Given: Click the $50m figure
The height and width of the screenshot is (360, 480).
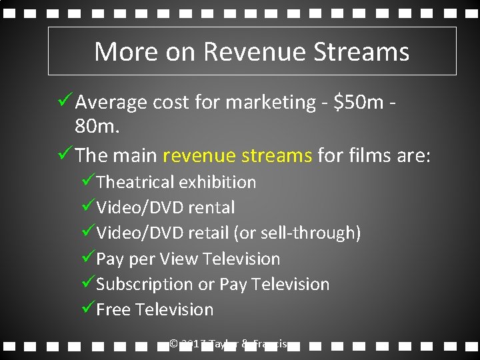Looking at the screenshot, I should pyautogui.click(x=359, y=103).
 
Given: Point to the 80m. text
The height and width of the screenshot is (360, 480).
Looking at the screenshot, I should pyautogui.click(x=97, y=126).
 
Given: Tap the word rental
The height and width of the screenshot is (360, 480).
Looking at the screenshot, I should pyautogui.click(x=211, y=207).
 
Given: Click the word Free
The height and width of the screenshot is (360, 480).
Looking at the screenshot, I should pyautogui.click(x=113, y=309).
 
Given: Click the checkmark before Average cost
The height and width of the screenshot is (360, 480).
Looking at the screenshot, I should pyautogui.click(x=65, y=101).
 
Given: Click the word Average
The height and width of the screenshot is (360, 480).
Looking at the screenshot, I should pyautogui.click(x=111, y=103).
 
